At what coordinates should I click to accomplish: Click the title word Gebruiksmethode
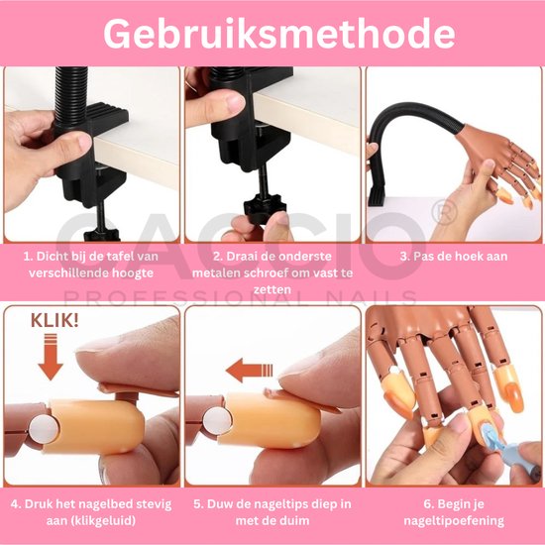click(272, 34)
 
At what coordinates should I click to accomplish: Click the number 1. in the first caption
click(30, 256)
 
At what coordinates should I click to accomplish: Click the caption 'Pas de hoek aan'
click(460, 256)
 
